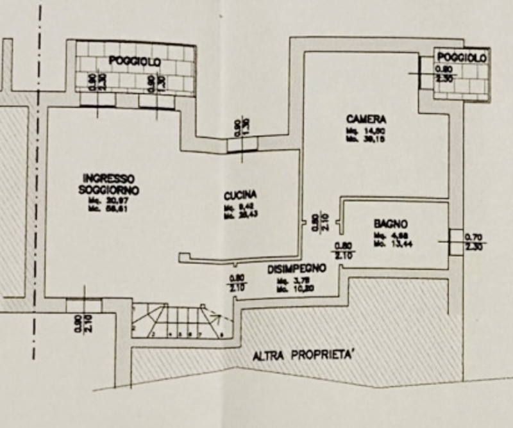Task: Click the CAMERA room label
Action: [x=366, y=120]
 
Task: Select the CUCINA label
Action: [x=241, y=196]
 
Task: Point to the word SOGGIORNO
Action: [x=108, y=191]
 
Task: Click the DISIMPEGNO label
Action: [x=297, y=269]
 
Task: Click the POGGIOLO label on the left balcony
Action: [x=135, y=62]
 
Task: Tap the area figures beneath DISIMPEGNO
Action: [x=290, y=284]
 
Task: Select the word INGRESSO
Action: [x=108, y=178]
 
